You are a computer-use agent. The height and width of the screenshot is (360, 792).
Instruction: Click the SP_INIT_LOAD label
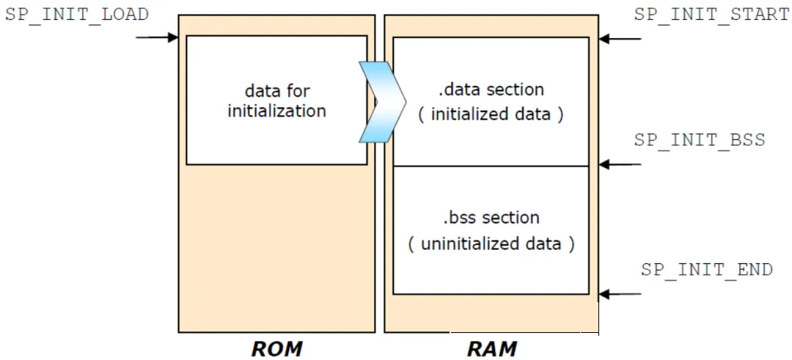[77, 14]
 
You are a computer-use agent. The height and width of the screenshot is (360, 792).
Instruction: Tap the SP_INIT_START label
[712, 14]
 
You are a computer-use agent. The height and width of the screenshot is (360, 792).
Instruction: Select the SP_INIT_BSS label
[700, 140]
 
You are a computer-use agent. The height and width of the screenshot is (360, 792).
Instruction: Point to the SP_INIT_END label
[707, 269]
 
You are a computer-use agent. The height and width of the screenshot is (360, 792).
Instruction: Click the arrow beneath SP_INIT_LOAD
[157, 37]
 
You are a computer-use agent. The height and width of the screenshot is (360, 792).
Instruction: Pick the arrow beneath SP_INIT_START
[620, 38]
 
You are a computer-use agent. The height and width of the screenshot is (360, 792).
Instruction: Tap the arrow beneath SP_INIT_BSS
[620, 164]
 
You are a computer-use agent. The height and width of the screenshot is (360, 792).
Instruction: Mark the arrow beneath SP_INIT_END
[620, 294]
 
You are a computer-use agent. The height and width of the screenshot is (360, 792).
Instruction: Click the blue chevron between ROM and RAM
[382, 101]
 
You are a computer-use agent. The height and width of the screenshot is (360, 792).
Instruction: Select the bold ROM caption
[276, 348]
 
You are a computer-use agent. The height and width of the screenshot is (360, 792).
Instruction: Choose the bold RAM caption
[492, 348]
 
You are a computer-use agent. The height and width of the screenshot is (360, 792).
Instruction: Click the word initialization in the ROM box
[276, 111]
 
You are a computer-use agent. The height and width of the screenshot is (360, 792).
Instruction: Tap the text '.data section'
[491, 90]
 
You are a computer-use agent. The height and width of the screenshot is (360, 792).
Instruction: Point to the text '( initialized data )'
[491, 114]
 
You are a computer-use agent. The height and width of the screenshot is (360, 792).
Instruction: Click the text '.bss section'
[491, 218]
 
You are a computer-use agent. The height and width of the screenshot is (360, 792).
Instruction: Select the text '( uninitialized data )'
[491, 244]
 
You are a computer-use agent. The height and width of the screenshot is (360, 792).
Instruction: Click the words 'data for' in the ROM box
[276, 91]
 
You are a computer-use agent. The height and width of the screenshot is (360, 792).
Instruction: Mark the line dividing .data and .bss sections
[491, 166]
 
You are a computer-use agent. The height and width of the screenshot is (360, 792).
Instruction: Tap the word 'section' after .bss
[510, 218]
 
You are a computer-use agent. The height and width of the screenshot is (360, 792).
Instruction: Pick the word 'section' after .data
[516, 90]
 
